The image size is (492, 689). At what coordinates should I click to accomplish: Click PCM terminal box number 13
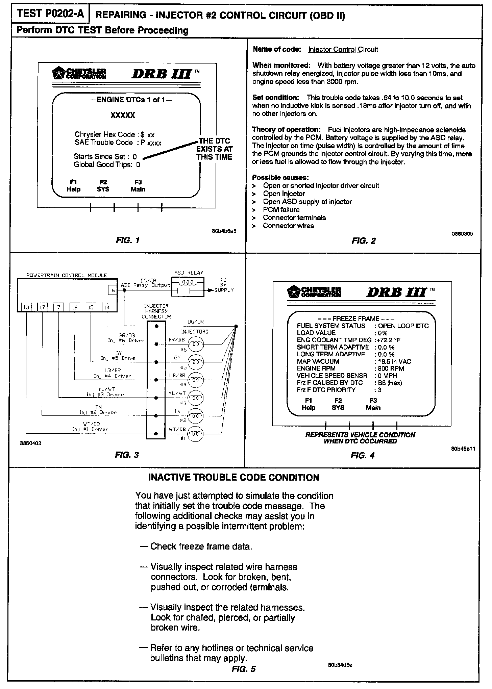pos(26,307)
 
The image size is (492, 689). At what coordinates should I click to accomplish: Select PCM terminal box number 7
pos(59,307)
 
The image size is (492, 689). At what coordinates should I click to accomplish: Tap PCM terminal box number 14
pos(107,307)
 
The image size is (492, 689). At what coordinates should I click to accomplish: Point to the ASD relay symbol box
pos(188,286)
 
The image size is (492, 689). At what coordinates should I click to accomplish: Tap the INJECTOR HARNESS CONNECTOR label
pos(156,311)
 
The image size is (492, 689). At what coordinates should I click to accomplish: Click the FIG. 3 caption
pos(127,455)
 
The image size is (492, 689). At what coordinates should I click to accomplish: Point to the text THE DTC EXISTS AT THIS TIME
pos(214,149)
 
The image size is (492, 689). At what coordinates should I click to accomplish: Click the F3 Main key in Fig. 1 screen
pos(138,186)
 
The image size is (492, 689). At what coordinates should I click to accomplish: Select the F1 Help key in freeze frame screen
pos(308,404)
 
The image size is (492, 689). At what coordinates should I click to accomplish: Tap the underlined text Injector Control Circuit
pos(343,50)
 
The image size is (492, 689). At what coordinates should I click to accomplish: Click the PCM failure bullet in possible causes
pos(281,210)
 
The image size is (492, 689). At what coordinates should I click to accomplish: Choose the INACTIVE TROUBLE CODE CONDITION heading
pos(234,478)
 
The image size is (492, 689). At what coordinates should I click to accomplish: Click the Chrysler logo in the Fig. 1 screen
pos(80,73)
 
